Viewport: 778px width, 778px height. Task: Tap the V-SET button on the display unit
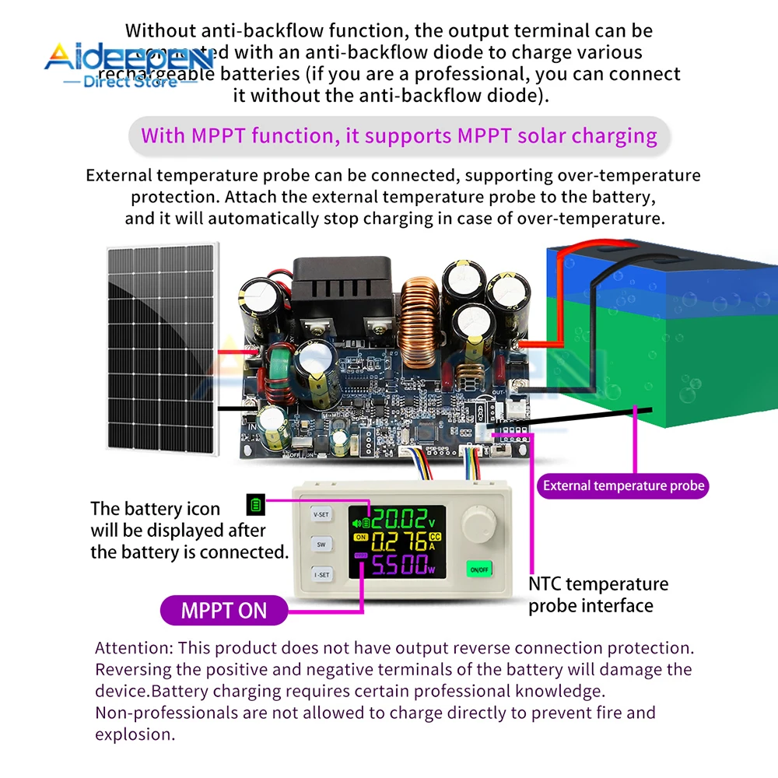click(321, 514)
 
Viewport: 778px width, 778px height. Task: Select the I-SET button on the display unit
click(321, 575)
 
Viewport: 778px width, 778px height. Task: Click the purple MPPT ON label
click(223, 610)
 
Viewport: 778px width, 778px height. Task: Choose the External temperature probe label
click(623, 486)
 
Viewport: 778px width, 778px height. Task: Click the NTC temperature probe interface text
click(598, 594)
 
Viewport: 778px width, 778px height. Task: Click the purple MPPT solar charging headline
click(398, 135)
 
